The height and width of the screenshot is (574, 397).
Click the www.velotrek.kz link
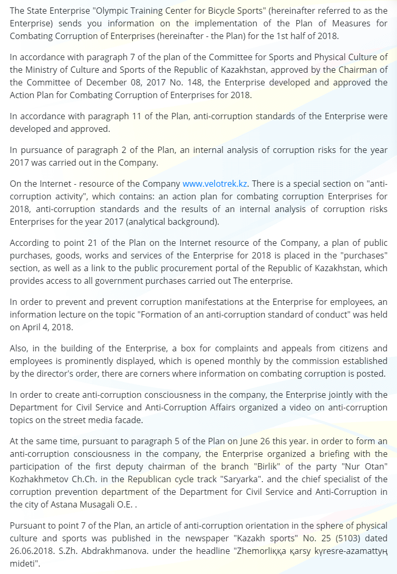215,184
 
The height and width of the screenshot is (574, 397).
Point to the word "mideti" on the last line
24,563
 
